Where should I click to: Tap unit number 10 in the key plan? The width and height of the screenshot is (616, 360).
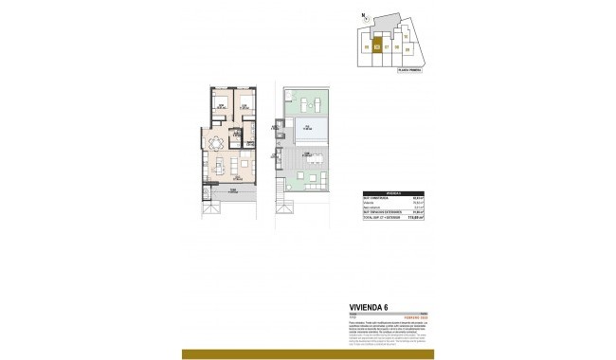(405, 36)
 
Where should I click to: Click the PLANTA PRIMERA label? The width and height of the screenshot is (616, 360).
(409, 69)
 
